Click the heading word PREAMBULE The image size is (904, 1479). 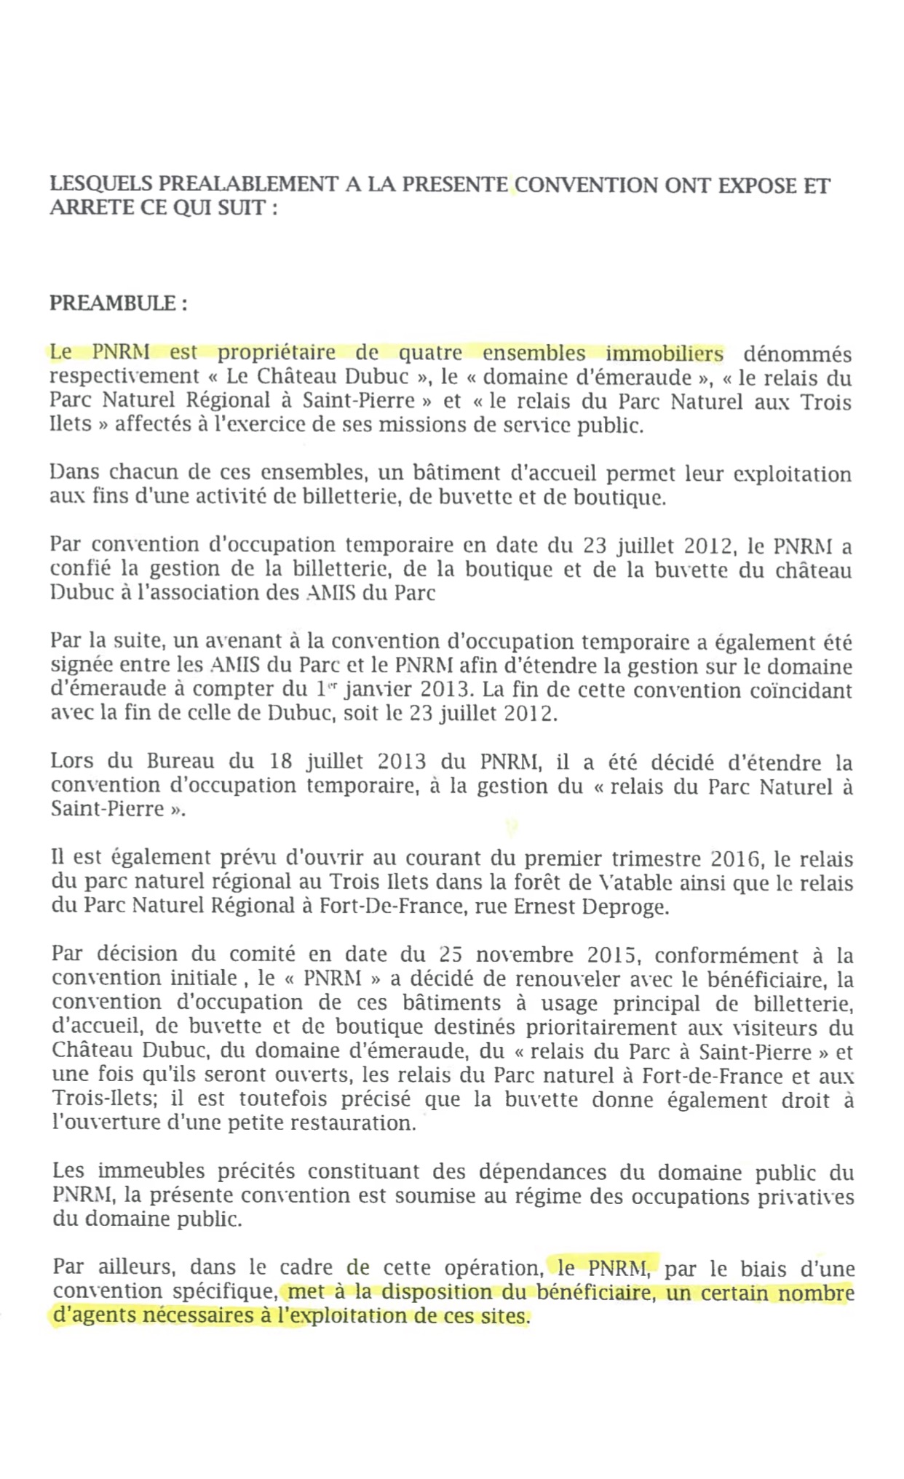tap(112, 303)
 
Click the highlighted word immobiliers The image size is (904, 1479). tap(665, 354)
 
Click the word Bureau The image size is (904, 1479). tap(181, 762)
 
